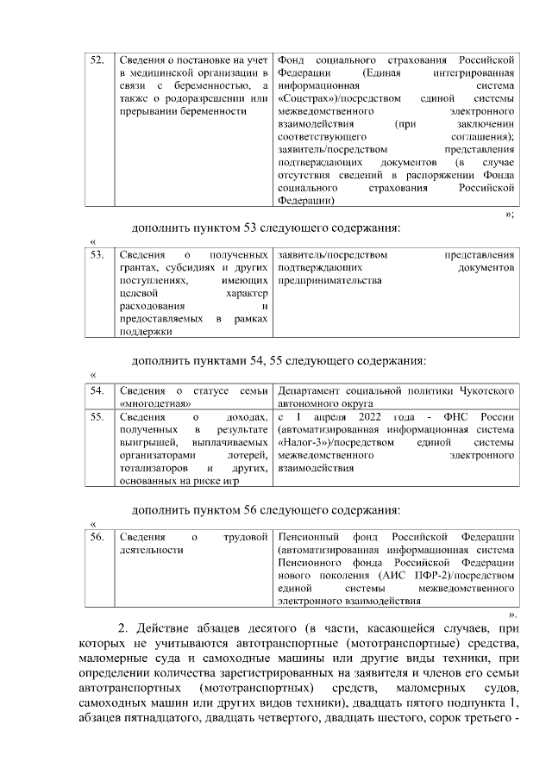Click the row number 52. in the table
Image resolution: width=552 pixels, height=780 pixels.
click(97, 59)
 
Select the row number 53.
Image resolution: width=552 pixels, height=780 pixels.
click(97, 255)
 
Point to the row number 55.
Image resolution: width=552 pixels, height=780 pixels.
click(97, 417)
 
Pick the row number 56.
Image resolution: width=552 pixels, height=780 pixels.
click(97, 537)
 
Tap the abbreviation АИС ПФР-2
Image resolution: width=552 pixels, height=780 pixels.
click(406, 574)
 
